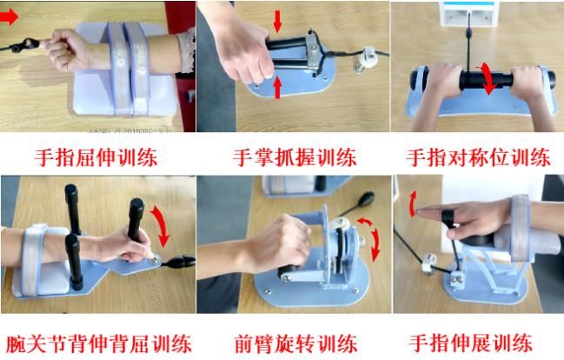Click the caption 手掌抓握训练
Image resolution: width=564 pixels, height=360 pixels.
tap(295, 157)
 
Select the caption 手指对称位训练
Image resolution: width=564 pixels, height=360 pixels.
tap(479, 157)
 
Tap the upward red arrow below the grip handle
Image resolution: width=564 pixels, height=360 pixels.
tap(277, 86)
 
